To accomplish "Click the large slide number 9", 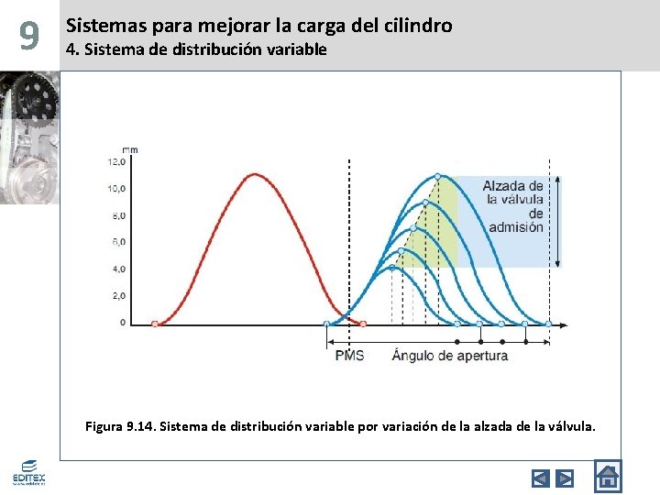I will click(x=29, y=36).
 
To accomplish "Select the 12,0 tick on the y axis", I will click(x=117, y=161).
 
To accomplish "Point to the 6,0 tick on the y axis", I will click(x=118, y=242).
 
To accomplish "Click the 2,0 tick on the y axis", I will click(x=118, y=296).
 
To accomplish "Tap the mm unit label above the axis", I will click(x=130, y=148).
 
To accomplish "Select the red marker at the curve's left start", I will click(x=154, y=324).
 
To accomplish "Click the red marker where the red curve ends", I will click(x=363, y=324).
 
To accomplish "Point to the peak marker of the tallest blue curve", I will click(x=437, y=176).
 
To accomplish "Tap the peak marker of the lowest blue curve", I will click(x=392, y=268).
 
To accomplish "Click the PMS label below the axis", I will click(x=349, y=355).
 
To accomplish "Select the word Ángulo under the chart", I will click(x=413, y=355).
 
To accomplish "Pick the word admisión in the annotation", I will click(x=515, y=227).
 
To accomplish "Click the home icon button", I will click(x=607, y=476).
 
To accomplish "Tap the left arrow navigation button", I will click(x=541, y=478).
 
